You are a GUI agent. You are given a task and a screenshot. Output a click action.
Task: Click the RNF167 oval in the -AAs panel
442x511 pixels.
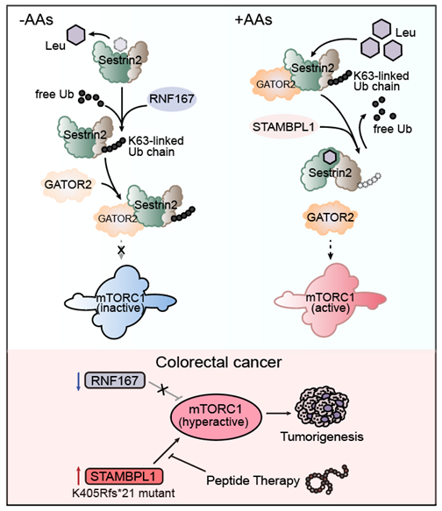(172, 98)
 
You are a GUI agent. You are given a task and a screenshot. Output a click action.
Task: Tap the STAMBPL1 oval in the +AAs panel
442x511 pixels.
(283, 127)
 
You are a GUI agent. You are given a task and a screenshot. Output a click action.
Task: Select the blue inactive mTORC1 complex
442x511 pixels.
(120, 302)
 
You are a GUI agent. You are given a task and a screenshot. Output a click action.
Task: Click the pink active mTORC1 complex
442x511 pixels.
(331, 300)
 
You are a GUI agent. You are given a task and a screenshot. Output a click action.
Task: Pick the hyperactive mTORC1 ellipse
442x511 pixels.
(216, 416)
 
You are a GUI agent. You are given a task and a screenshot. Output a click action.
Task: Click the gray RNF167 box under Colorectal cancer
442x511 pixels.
(115, 380)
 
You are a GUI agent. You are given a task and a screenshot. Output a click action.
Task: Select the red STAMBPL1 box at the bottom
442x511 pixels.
(124, 477)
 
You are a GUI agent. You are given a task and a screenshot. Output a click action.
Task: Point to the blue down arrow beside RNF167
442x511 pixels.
(78, 381)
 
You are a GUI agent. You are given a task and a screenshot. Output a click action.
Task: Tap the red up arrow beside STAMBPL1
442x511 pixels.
(78, 476)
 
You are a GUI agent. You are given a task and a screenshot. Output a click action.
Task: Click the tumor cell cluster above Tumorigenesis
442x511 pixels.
(322, 407)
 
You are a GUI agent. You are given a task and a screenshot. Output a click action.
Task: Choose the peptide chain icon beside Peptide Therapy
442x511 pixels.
(327, 479)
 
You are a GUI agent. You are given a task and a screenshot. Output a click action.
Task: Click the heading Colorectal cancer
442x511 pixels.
(218, 362)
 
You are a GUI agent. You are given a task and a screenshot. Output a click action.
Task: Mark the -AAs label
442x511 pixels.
(36, 20)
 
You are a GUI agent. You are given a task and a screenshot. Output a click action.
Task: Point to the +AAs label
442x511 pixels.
(253, 20)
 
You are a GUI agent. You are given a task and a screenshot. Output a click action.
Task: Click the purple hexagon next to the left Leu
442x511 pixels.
(76, 34)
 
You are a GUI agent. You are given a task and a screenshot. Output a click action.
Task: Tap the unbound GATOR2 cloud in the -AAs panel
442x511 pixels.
(68, 185)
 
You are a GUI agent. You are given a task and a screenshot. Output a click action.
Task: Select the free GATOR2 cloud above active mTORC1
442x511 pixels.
(331, 217)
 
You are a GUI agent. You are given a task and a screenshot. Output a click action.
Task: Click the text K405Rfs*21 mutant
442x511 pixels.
(124, 493)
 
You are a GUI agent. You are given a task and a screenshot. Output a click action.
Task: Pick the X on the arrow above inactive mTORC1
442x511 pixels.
(121, 251)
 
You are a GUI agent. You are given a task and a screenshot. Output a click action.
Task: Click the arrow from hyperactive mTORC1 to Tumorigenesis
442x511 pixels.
(278, 414)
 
